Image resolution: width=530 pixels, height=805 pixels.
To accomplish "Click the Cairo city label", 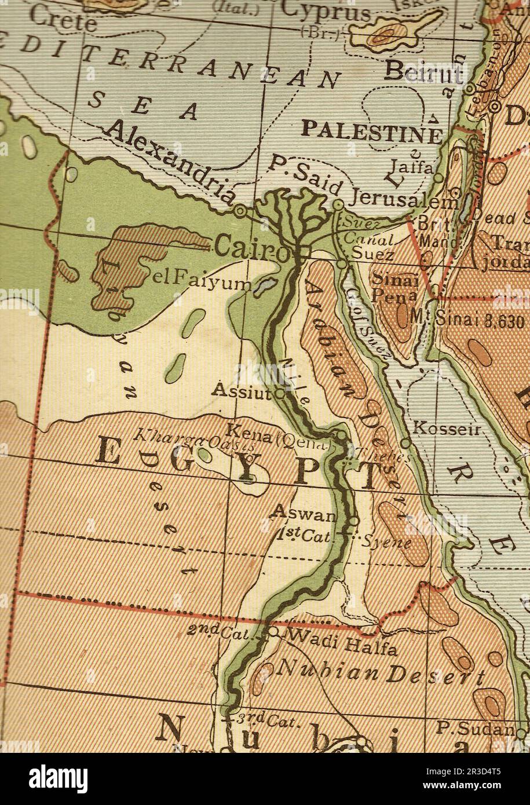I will tap(250, 248).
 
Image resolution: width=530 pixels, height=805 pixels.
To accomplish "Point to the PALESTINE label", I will tap(372, 131).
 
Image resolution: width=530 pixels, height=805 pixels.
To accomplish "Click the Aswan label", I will tap(304, 513).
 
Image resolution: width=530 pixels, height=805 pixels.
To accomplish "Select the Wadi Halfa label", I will tap(342, 642).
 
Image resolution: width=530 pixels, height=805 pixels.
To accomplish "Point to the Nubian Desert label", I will tap(381, 672).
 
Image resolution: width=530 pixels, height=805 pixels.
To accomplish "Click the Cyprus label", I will tap(327, 11).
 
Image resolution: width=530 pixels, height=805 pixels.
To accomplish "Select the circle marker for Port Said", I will tap(338, 204).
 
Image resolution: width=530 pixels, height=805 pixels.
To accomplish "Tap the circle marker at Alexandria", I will tap(241, 211).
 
